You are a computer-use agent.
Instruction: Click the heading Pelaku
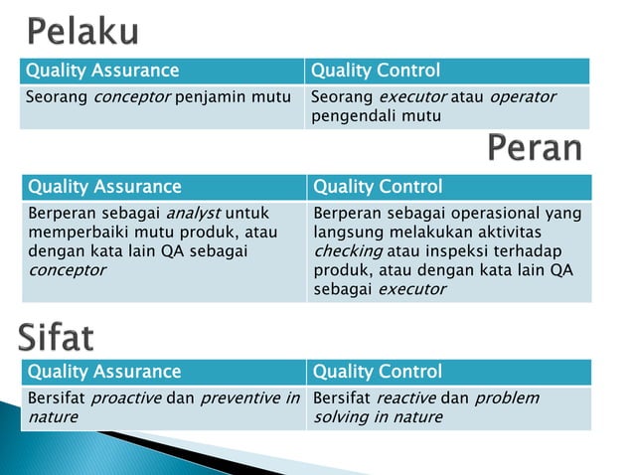click(x=82, y=33)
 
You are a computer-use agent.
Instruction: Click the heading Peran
click(x=535, y=148)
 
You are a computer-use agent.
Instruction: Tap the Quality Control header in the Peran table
click(x=378, y=187)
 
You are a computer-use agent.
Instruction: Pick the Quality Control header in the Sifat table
click(x=378, y=372)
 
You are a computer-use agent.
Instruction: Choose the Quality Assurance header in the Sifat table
click(x=104, y=372)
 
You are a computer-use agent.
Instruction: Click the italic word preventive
click(x=240, y=397)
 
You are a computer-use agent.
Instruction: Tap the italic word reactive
click(x=403, y=397)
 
